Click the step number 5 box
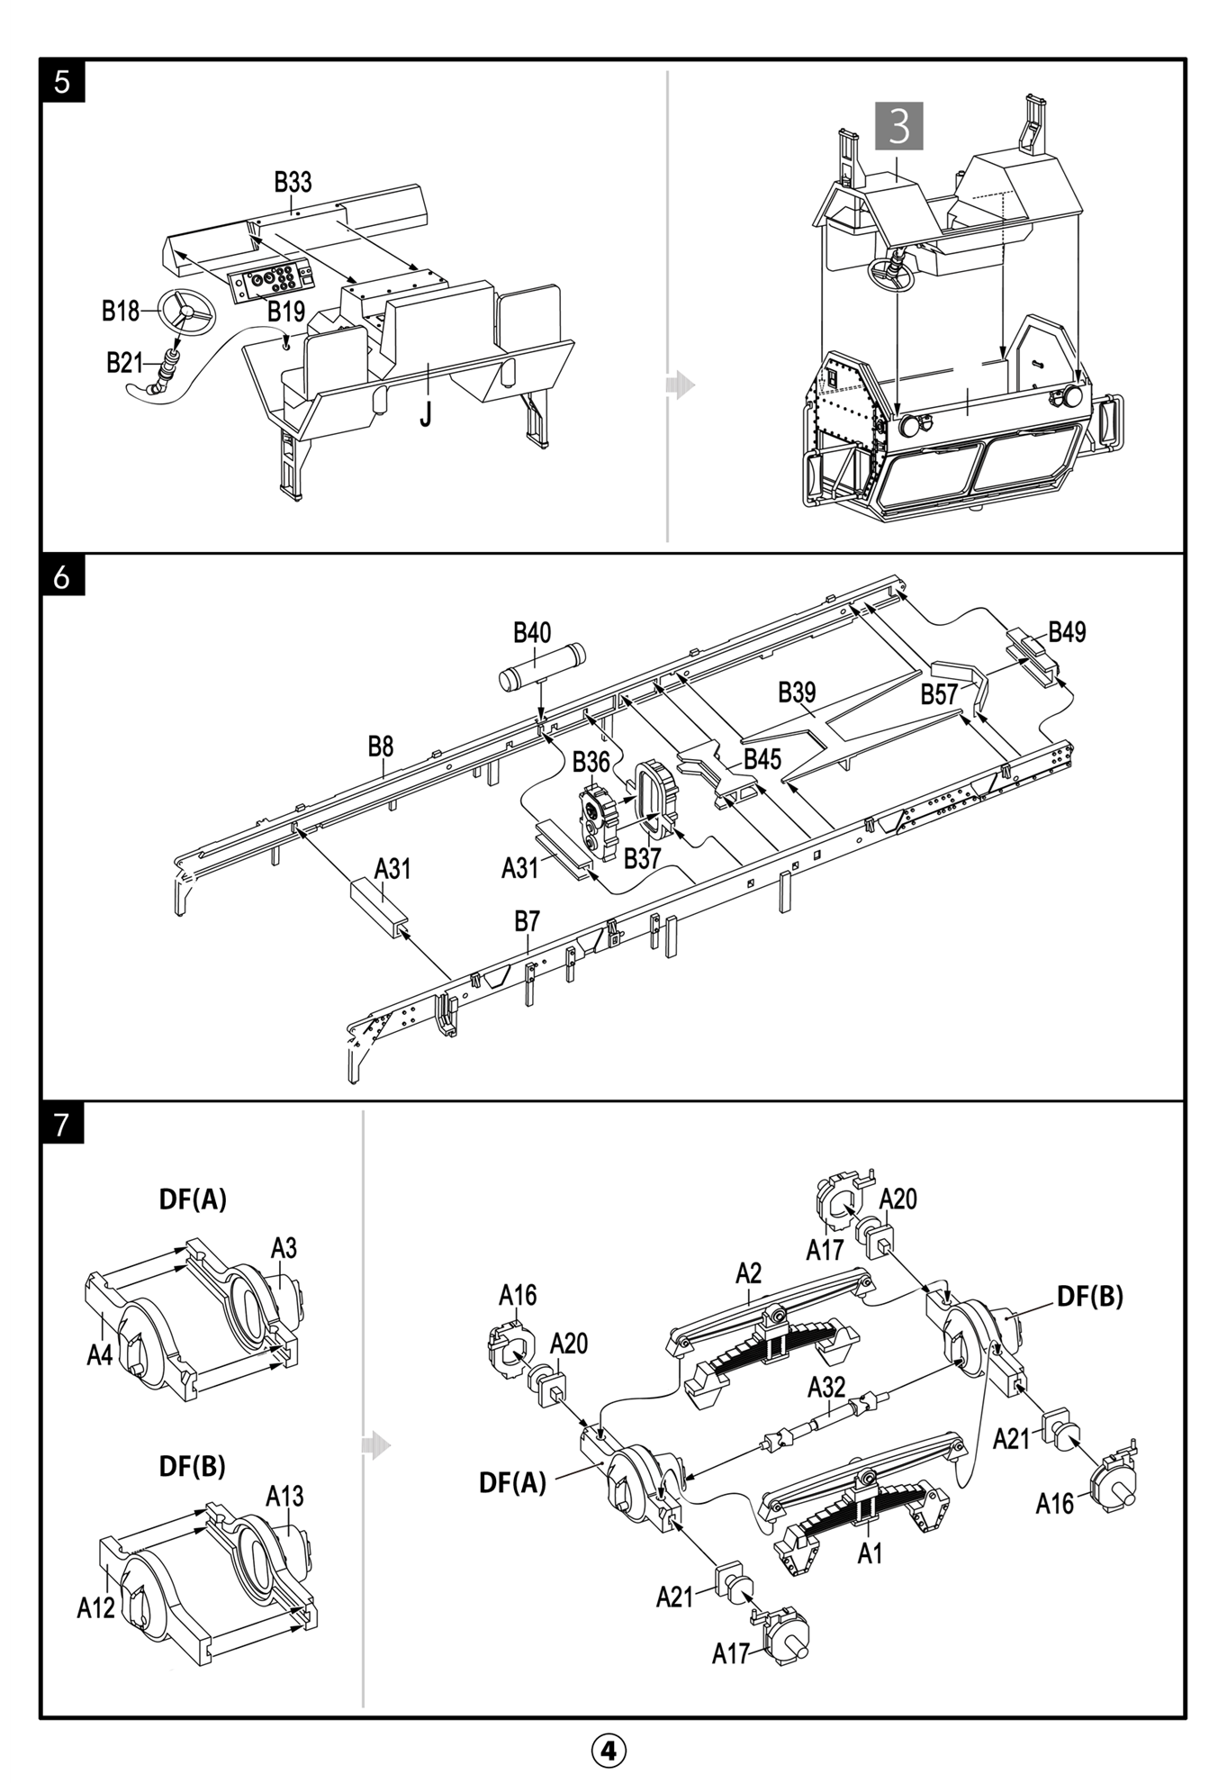pos(62,82)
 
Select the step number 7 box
pos(62,1124)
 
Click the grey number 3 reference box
pos(898,125)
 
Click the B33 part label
pos(293,182)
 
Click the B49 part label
pos(1067,632)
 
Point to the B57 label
pos(939,694)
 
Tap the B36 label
pos(591,762)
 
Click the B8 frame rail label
pos(381,747)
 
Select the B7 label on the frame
pos(527,921)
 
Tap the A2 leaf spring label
pos(748,1273)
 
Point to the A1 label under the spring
pos(869,1552)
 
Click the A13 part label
pos(284,1497)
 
